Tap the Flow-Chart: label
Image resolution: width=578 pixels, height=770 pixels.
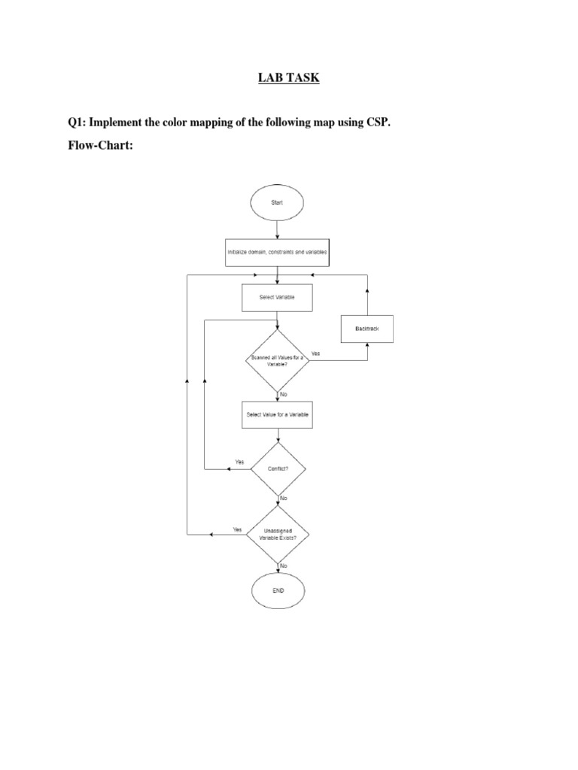pos(102,145)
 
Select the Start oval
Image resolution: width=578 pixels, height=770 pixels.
pos(278,202)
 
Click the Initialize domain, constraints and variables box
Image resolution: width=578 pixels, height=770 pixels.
pos(278,253)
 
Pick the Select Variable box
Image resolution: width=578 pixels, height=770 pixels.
pos(277,297)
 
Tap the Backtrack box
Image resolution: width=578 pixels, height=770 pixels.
pos(367,329)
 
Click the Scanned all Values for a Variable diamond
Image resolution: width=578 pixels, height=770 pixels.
pos(278,359)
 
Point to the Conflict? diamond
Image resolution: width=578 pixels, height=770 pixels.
pos(278,468)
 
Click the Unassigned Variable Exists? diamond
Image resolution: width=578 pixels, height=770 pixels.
pos(278,535)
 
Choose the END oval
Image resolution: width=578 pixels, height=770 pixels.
pos(278,590)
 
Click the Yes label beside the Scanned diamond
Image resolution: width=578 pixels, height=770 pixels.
pos(315,353)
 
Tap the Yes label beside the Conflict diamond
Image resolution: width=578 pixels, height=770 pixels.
pos(239,462)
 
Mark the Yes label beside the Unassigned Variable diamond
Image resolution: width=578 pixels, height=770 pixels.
pos(237,529)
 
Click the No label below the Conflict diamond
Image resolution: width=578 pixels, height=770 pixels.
pos(284,499)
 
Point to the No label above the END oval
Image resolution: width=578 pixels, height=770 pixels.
pos(284,565)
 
